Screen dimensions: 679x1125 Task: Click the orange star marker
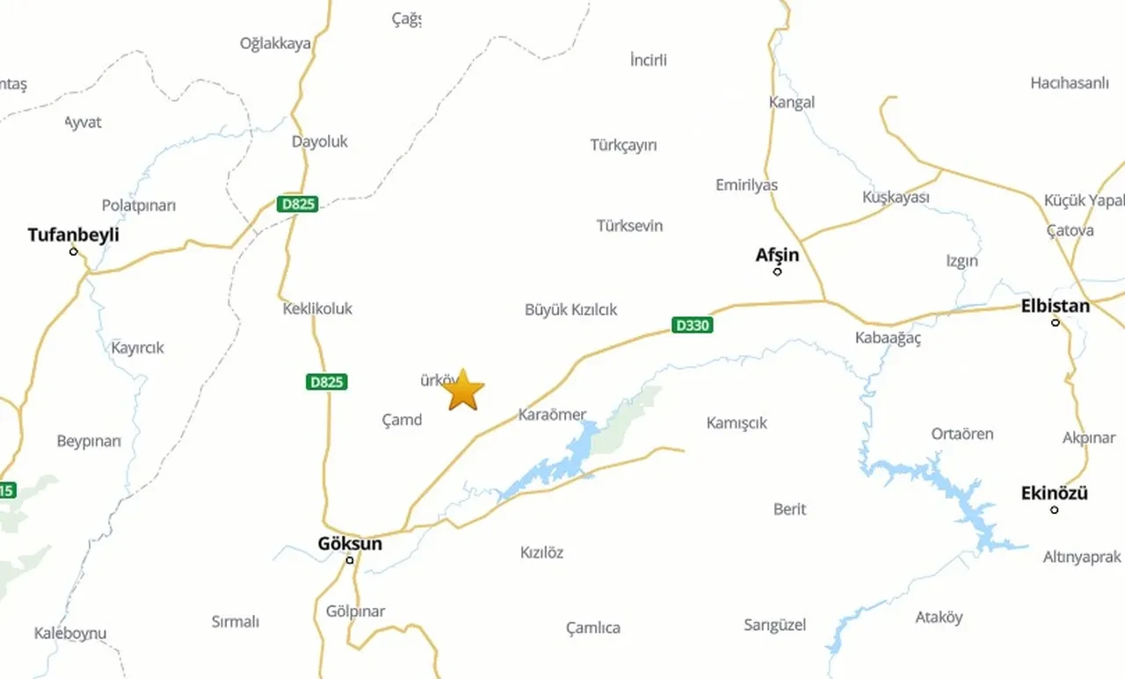point(464,391)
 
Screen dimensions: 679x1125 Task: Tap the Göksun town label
point(350,544)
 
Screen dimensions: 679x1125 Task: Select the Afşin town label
point(777,255)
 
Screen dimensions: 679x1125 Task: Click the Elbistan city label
point(1055,306)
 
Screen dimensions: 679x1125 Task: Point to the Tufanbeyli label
point(73,235)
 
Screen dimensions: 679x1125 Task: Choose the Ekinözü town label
point(1054,493)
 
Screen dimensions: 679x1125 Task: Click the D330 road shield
point(692,325)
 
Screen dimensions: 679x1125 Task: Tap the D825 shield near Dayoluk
point(297,204)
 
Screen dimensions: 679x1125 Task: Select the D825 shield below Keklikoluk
point(327,382)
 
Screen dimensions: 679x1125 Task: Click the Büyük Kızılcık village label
point(570,309)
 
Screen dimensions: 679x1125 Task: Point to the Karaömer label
point(552,415)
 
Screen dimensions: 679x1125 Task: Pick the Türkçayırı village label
point(623,145)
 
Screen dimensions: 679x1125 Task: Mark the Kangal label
point(791,102)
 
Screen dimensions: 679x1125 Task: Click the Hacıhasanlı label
point(1070,83)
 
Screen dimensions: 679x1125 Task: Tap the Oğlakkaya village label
point(275,43)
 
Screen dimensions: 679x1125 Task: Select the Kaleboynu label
point(70,632)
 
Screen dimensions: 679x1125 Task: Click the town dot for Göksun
point(350,560)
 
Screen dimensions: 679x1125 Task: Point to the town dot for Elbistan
point(1056,322)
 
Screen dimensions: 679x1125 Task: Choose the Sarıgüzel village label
point(774,625)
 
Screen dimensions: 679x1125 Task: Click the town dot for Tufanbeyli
point(74,251)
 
